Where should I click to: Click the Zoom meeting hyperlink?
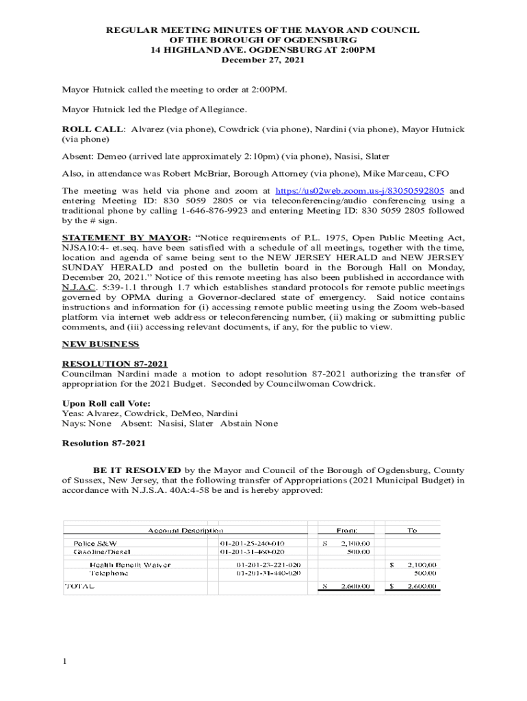pyautogui.click(x=359, y=190)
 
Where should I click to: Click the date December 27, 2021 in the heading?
pyautogui.click(x=263, y=60)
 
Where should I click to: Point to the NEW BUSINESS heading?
pyautogui.click(x=101, y=344)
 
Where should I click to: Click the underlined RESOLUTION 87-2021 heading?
pyautogui.click(x=115, y=364)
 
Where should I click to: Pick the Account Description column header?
pyautogui.click(x=185, y=530)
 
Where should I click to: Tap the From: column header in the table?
pyautogui.click(x=346, y=530)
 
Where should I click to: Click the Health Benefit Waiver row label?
pyautogui.click(x=130, y=565)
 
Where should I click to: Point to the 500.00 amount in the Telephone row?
pyautogui.click(x=424, y=573)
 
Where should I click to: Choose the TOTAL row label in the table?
pyautogui.click(x=79, y=587)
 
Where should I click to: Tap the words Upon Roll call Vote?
pyautogui.click(x=106, y=403)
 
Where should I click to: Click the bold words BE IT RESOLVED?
pyautogui.click(x=137, y=470)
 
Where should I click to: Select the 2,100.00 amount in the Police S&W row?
pyautogui.click(x=356, y=543)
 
